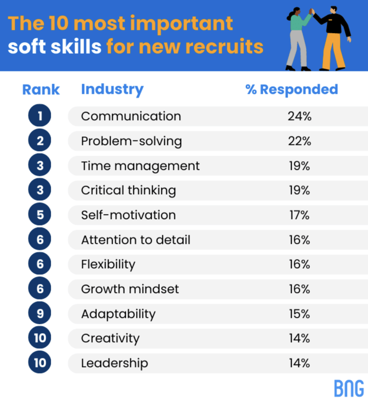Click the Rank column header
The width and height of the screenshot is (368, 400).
(x=41, y=89)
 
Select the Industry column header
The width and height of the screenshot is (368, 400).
(x=112, y=89)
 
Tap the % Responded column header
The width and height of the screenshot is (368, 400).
(x=291, y=89)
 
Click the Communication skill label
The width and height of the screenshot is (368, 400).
(x=131, y=116)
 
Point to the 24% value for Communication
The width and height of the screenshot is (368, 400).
(x=300, y=116)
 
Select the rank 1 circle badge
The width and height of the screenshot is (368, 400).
(x=40, y=116)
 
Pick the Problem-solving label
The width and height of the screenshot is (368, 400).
(x=131, y=141)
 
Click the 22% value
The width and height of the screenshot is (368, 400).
(x=300, y=141)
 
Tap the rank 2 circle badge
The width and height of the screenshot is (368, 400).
(x=40, y=141)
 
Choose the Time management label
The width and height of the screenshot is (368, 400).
(x=140, y=166)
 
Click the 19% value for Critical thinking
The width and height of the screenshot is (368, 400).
(x=300, y=190)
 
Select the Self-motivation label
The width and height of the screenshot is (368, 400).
(x=128, y=215)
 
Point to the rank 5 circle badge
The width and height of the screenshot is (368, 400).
(x=40, y=215)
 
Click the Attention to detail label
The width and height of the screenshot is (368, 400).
(x=136, y=239)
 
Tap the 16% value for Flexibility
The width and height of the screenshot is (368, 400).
(x=300, y=264)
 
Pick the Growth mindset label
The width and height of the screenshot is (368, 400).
(x=130, y=289)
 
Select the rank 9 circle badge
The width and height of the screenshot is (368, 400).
(x=40, y=314)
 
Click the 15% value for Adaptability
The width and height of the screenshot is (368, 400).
(x=300, y=314)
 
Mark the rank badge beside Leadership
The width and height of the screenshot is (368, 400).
(x=40, y=363)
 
